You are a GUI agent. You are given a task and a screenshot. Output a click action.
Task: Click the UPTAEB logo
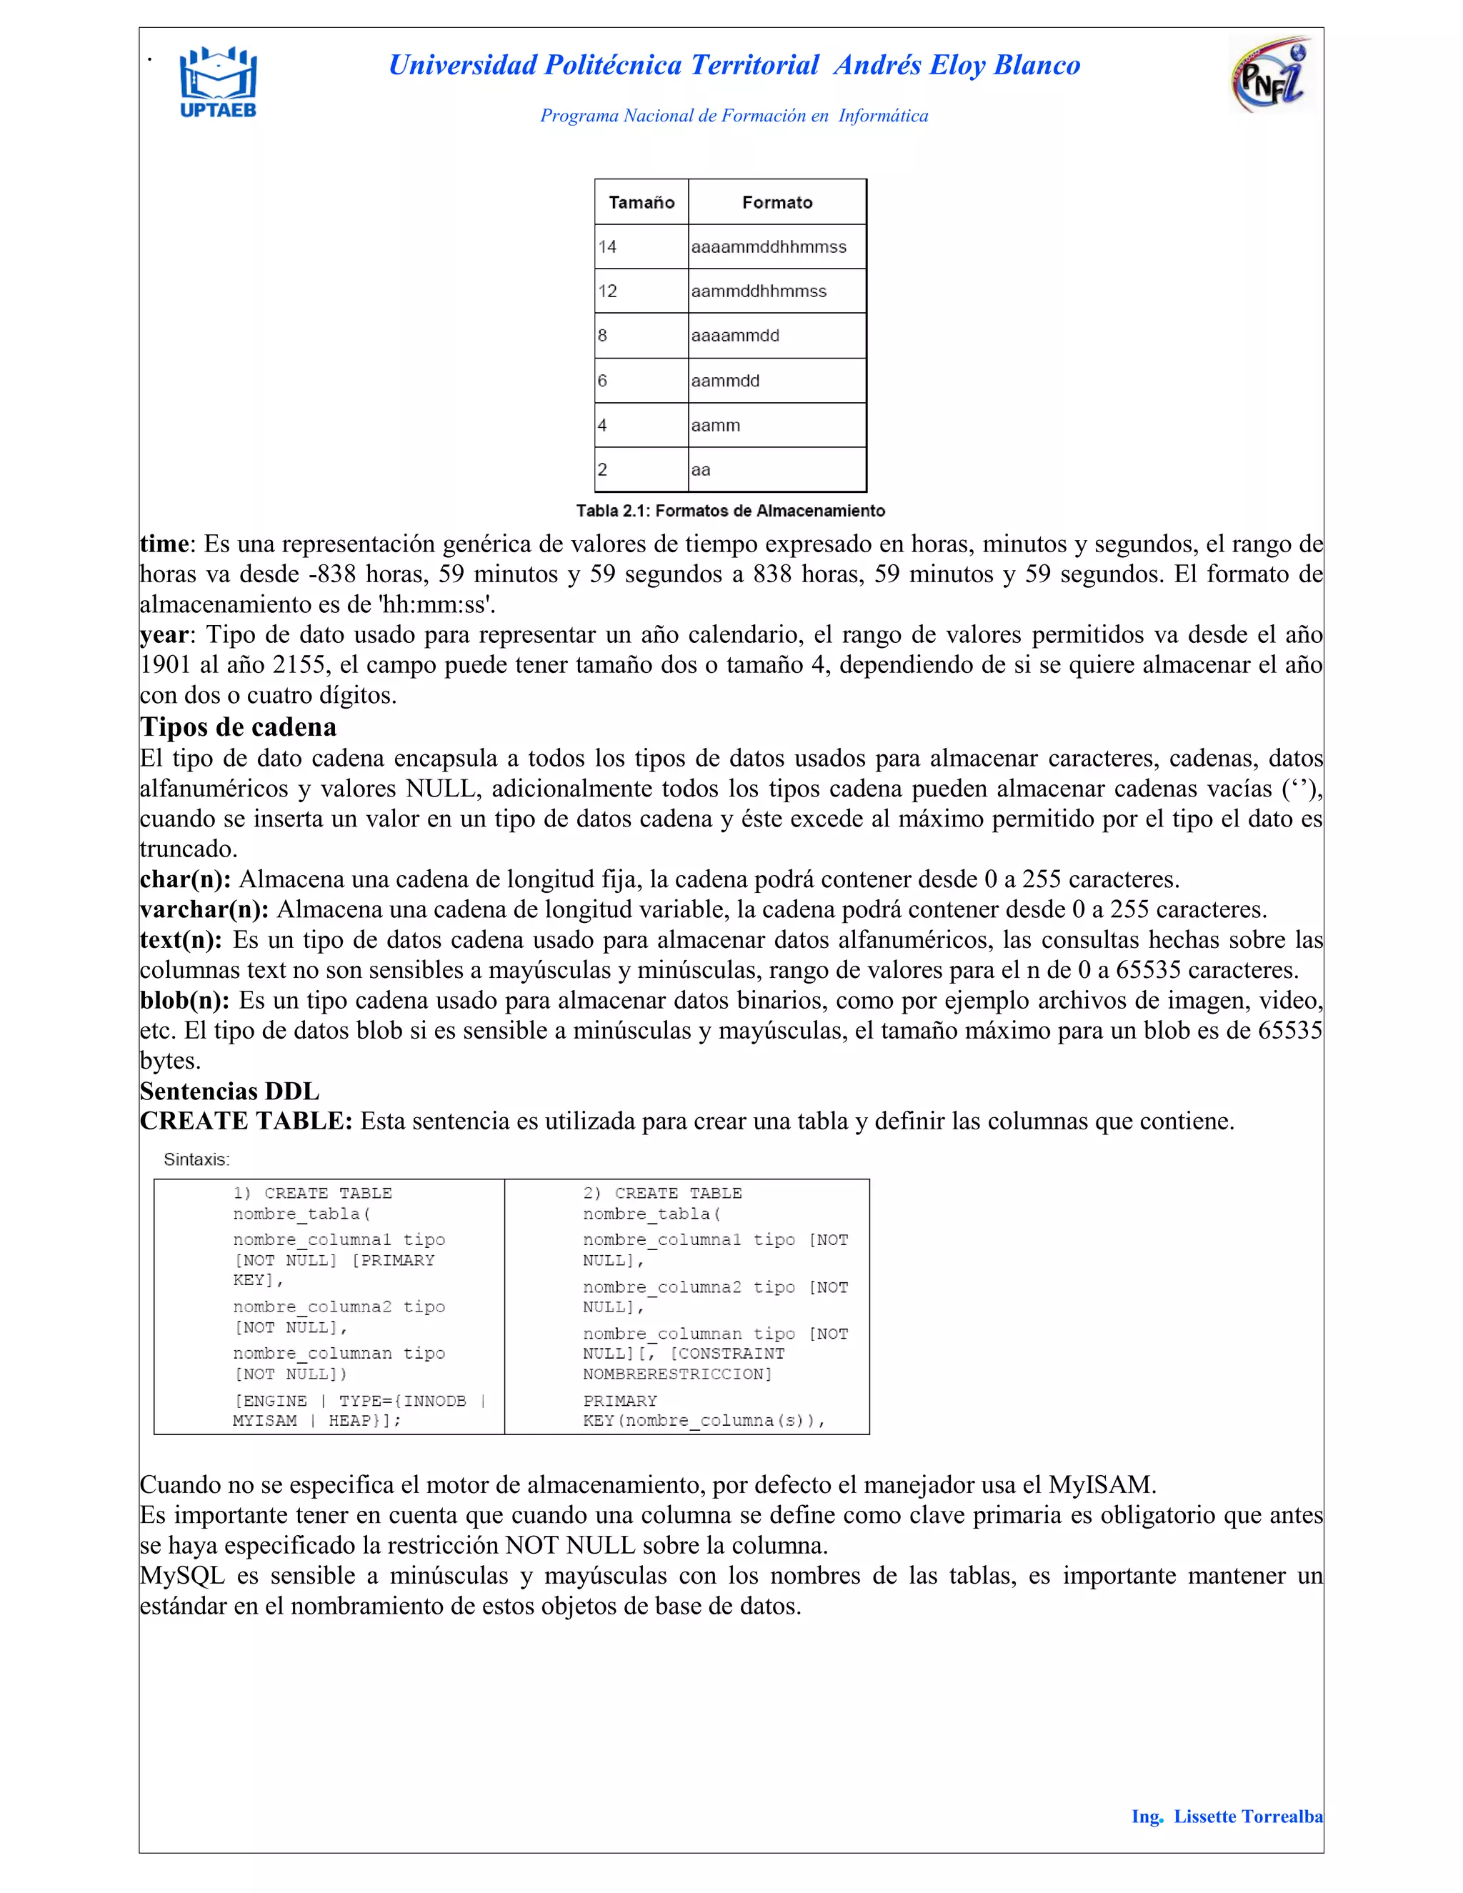pos(218,82)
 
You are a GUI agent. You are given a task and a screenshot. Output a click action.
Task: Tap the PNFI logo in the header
pos(1271,76)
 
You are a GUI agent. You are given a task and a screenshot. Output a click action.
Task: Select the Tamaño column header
pos(641,203)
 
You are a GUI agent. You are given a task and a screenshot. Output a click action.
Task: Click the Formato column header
pos(777,203)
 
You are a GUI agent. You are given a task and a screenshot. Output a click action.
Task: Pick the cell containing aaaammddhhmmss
pos(769,247)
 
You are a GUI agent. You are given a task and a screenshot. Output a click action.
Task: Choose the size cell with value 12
pos(641,291)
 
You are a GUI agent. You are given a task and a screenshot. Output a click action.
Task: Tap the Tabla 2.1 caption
pos(731,511)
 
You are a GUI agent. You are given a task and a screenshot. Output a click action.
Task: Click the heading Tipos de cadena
pos(239,726)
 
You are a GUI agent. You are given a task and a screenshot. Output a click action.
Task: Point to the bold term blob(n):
pos(184,1000)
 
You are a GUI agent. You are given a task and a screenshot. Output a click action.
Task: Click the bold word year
pos(164,634)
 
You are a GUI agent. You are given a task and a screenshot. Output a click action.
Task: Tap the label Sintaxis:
pos(196,1159)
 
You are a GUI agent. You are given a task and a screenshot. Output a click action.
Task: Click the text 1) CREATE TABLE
pos(312,1193)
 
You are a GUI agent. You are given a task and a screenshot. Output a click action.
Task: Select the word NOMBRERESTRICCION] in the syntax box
pos(677,1374)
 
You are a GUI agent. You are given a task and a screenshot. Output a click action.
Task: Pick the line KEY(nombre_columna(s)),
pos(704,1421)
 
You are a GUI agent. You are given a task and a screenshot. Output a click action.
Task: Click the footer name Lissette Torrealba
pos(1248,1816)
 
